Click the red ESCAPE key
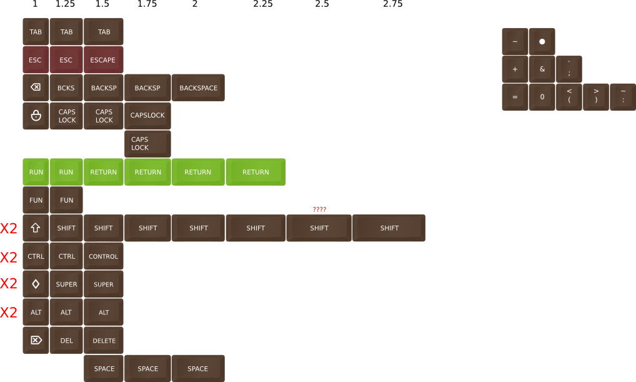pyautogui.click(x=103, y=60)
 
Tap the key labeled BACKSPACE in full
pyautogui.click(x=198, y=88)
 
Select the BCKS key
pyautogui.click(x=66, y=88)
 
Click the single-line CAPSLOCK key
pyautogui.click(x=148, y=116)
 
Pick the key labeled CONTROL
pyautogui.click(x=103, y=256)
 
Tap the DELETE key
pyautogui.click(x=104, y=341)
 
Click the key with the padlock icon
pyautogui.click(x=36, y=116)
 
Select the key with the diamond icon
pyautogui.click(x=36, y=284)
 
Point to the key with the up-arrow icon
pyautogui.click(x=36, y=228)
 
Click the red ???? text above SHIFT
pyautogui.click(x=319, y=209)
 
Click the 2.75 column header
pyautogui.click(x=392, y=4)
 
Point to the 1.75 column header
pyautogui.click(x=147, y=4)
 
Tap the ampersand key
pyautogui.click(x=542, y=69)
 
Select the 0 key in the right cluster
pyautogui.click(x=542, y=97)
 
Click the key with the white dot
pyautogui.click(x=542, y=41)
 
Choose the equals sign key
pyautogui.click(x=515, y=97)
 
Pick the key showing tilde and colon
pyautogui.click(x=623, y=97)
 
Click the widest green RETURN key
pyautogui.click(x=256, y=172)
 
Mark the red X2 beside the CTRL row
pyautogui.click(x=9, y=257)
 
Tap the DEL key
pyautogui.click(x=66, y=341)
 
